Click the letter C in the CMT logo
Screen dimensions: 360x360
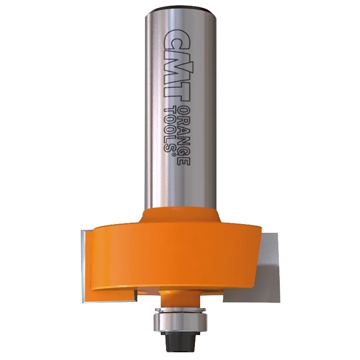tap(177, 41)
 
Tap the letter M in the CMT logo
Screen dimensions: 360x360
tap(177, 68)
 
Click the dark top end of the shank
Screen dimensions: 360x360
tap(180, 10)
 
